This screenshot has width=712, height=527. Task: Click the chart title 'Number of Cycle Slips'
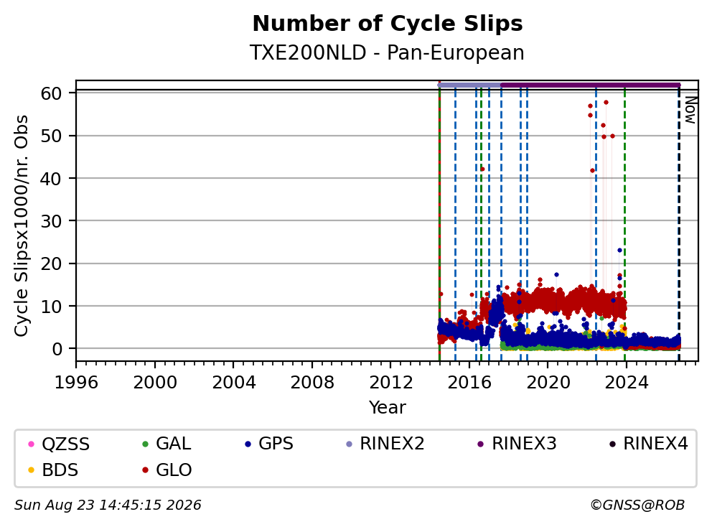(388, 24)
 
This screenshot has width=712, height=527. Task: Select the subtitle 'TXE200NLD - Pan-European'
(387, 52)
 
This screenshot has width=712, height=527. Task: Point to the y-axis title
(22, 225)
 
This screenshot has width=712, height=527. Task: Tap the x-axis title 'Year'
(388, 408)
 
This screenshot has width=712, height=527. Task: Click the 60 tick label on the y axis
(51, 93)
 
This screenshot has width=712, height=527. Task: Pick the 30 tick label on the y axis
(51, 221)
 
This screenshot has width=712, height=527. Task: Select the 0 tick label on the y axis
(57, 349)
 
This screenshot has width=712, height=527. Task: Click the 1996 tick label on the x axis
(76, 383)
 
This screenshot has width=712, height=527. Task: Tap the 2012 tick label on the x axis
(390, 383)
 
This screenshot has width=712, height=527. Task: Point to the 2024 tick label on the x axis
(627, 383)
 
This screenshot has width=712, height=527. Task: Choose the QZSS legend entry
(59, 444)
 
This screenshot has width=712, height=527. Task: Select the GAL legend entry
(167, 444)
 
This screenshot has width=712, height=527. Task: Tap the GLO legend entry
(167, 470)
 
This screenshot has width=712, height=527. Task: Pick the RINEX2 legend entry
(385, 444)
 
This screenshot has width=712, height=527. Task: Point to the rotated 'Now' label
(690, 110)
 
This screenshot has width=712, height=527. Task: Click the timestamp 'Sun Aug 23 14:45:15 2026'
(108, 505)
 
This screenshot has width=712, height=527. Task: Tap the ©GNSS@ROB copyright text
(637, 505)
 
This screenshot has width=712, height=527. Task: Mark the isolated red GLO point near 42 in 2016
(483, 169)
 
